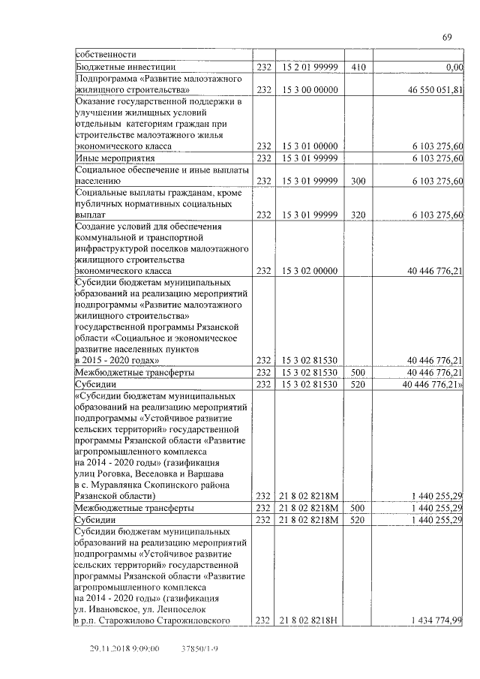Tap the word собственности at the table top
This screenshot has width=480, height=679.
click(x=105, y=55)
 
